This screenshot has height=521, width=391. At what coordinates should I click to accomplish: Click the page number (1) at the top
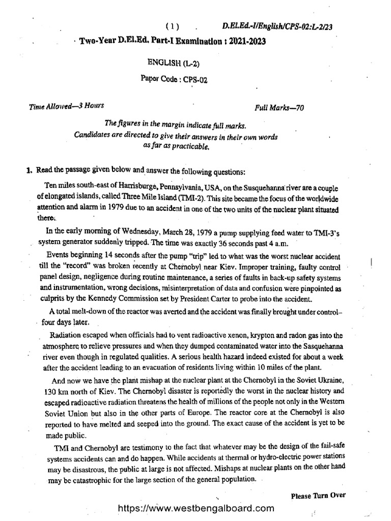[x=173, y=26]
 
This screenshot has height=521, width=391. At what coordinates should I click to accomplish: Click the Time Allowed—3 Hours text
[x=66, y=106]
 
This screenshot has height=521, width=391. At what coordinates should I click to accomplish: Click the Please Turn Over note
[x=319, y=495]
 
